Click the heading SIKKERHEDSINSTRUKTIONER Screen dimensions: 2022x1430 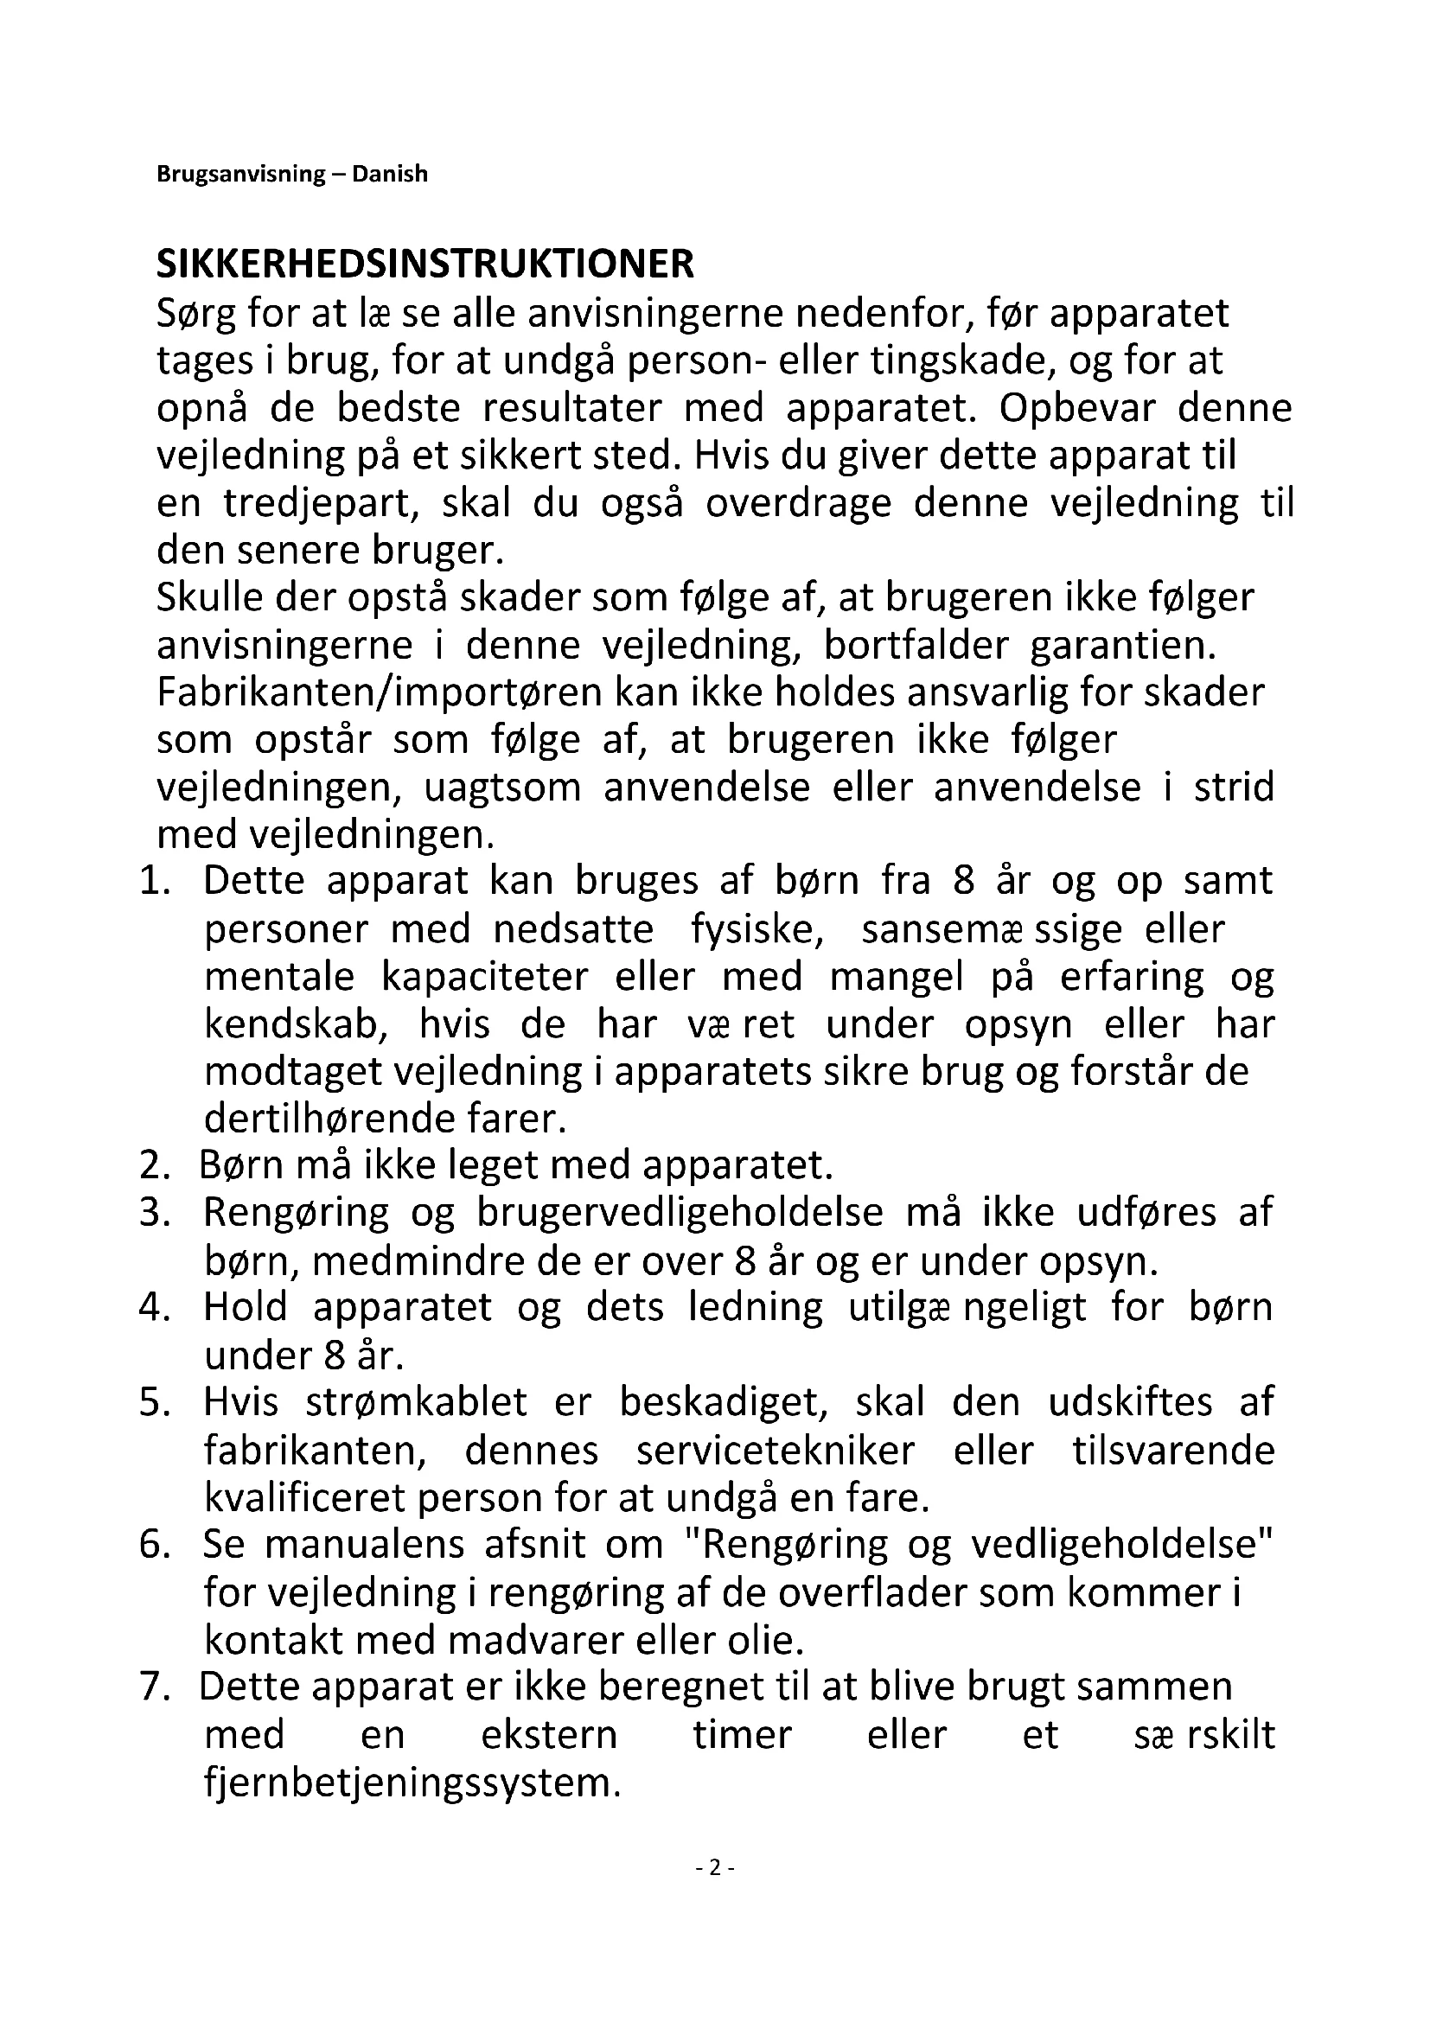point(425,265)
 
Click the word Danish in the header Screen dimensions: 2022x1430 point(389,174)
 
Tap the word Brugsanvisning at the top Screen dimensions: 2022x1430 point(240,175)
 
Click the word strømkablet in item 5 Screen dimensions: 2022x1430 point(416,1403)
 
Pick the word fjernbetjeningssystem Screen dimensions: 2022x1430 point(407,1783)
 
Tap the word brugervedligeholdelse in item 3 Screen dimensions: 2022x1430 point(680,1214)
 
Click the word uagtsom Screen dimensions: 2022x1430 point(503,788)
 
